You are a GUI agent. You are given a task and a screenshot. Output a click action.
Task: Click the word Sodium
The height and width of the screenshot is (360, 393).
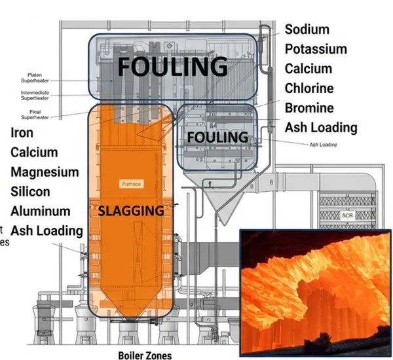(307, 30)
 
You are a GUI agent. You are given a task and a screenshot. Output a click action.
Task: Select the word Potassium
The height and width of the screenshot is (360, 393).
(316, 50)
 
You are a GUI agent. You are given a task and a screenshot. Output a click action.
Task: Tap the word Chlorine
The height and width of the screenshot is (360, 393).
(309, 88)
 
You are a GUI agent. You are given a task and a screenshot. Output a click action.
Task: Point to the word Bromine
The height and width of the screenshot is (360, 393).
(309, 108)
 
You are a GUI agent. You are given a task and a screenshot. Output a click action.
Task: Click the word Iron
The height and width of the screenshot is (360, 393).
(22, 133)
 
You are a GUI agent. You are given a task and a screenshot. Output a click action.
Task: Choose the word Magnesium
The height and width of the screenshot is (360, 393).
(45, 172)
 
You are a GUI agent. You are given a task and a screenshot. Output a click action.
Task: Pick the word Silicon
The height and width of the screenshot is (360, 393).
(30, 192)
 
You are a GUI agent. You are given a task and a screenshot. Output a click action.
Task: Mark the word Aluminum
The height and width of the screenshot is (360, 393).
(40, 211)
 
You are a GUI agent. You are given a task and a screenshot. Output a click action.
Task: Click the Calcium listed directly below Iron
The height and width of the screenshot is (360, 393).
(34, 153)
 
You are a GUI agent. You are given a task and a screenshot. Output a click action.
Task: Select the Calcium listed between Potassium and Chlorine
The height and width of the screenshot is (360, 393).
(309, 69)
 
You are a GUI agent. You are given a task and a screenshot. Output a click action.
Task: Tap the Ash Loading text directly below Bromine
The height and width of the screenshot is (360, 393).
(321, 128)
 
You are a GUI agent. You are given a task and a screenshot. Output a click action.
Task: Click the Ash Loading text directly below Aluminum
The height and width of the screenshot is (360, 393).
(47, 230)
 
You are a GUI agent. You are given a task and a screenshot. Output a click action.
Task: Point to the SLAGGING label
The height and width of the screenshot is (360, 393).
(130, 211)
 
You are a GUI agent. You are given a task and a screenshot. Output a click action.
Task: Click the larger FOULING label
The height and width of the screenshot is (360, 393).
(172, 66)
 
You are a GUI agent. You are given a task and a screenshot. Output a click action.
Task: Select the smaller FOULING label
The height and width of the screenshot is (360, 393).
(218, 137)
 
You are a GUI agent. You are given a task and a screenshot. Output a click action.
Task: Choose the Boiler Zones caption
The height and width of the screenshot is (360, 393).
(145, 355)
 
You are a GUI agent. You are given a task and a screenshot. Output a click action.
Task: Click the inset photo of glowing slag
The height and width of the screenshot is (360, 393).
(315, 293)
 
